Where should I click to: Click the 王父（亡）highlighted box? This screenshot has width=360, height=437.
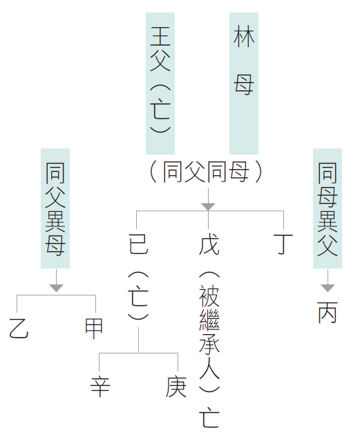[160, 84]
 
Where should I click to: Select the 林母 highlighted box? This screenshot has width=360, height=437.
[244, 84]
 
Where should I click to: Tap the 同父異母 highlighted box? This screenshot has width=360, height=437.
[55, 208]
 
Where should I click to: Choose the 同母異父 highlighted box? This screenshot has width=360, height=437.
[328, 208]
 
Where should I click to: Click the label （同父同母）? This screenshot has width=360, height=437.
[206, 172]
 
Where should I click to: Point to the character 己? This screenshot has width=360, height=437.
[138, 244]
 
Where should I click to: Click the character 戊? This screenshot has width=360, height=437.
[209, 244]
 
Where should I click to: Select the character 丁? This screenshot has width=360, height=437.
[283, 244]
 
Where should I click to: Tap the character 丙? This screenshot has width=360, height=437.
[328, 313]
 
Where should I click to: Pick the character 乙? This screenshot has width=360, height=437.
[19, 329]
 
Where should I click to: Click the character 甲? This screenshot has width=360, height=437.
[94, 329]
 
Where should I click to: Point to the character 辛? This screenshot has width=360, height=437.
[100, 387]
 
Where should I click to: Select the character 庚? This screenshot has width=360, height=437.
[176, 387]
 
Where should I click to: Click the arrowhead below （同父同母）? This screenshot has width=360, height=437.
[208, 206]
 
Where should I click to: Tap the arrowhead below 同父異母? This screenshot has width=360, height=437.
[57, 288]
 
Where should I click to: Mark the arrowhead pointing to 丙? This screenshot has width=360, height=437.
[328, 288]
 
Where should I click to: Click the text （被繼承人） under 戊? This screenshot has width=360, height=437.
[209, 331]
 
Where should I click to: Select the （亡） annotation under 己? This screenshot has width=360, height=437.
[138, 295]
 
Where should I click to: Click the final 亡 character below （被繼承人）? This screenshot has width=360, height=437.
[209, 418]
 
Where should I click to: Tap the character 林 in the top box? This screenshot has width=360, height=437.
[244, 37]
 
